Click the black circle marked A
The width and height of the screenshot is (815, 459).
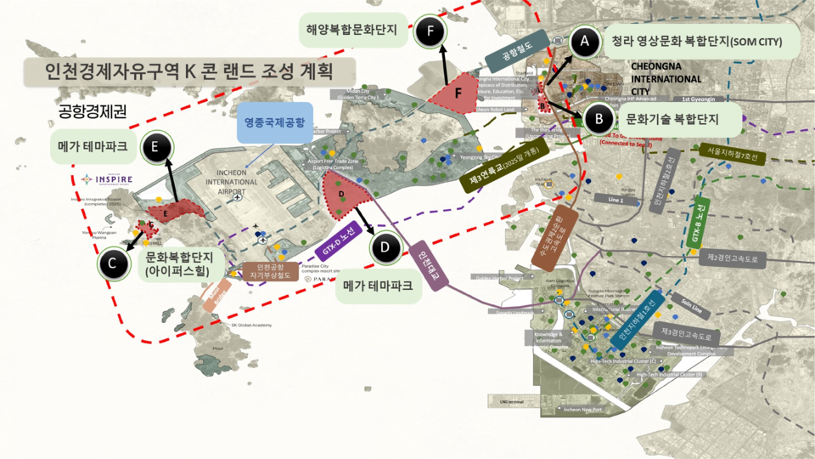[x=582, y=40]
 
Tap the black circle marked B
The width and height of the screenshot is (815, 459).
[x=599, y=119]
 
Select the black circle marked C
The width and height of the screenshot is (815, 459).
[x=112, y=263]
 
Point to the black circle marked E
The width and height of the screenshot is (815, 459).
[x=155, y=147]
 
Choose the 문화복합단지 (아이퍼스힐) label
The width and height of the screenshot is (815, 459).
[x=177, y=263]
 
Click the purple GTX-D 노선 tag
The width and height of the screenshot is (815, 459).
[x=343, y=241]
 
